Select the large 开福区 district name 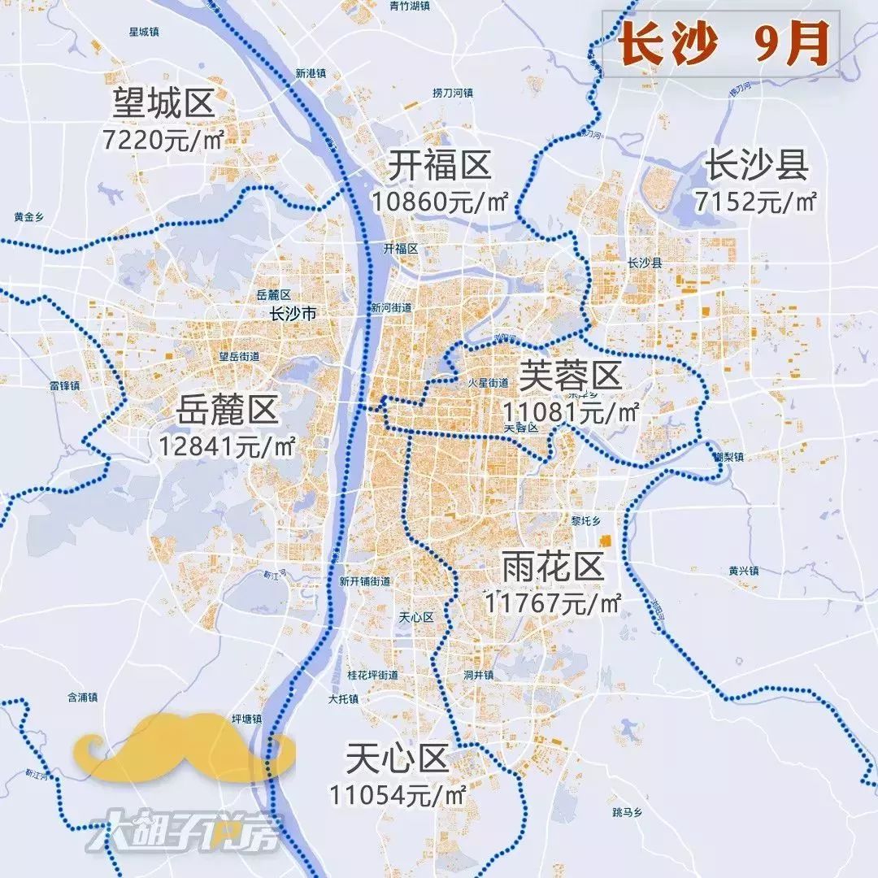[439, 167]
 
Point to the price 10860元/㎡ [440, 201]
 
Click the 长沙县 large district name [756, 166]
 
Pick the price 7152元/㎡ [756, 201]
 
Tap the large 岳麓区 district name [227, 412]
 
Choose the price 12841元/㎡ [227, 446]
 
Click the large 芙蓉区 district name [570, 376]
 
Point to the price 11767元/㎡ [553, 602]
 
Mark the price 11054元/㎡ [397, 793]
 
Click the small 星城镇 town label [143, 32]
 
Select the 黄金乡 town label [28, 217]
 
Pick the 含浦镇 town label [82, 698]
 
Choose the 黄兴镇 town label [743, 571]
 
